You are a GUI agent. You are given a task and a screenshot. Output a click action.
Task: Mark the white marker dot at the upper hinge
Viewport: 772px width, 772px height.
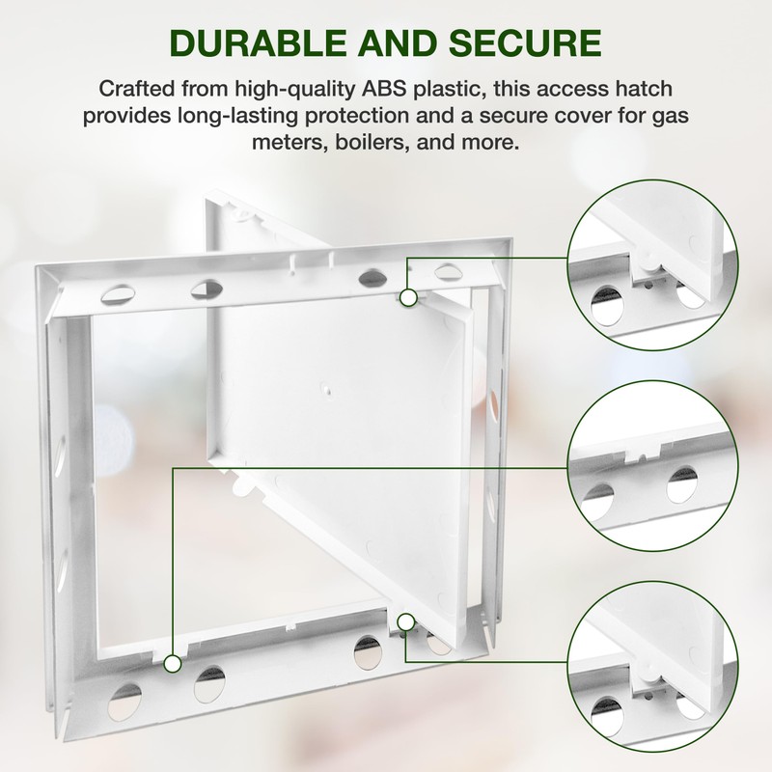pyautogui.click(x=409, y=298)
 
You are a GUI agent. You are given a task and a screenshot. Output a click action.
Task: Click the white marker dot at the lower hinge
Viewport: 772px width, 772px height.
pyautogui.click(x=406, y=621)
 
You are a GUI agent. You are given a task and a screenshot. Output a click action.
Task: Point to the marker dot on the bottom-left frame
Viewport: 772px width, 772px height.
pyautogui.click(x=173, y=664)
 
